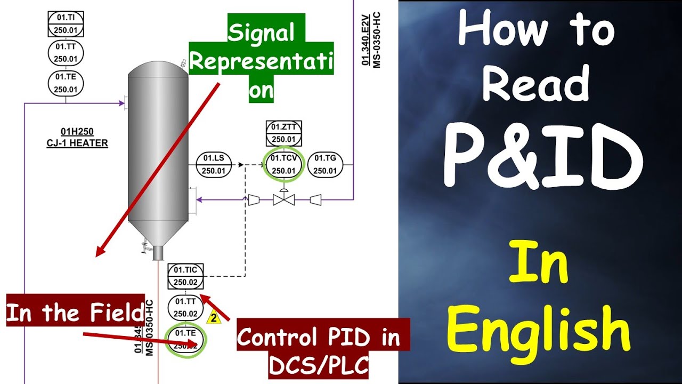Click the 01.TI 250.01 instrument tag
tap(66, 24)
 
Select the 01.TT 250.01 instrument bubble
tap(66, 53)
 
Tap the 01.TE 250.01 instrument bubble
tap(66, 83)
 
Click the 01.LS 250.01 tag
tap(214, 164)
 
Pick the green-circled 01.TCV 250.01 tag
tap(283, 164)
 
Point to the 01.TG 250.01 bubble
tap(325, 164)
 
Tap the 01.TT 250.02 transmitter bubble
tap(185, 308)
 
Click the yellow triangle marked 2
tap(214, 318)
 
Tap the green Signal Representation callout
tap(261, 61)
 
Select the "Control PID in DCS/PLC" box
tap(323, 349)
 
